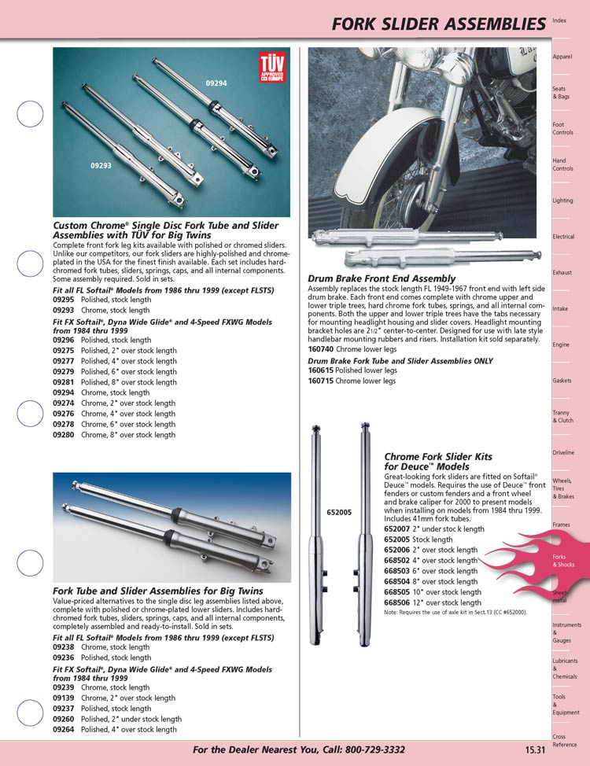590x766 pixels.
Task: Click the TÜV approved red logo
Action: (x=272, y=67)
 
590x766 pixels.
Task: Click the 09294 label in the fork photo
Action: (x=216, y=83)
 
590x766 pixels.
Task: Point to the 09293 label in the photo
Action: (x=100, y=166)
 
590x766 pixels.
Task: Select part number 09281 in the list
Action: (x=63, y=382)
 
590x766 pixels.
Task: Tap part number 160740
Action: (x=320, y=350)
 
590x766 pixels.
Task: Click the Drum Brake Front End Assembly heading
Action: (x=382, y=278)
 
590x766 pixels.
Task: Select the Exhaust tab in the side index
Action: (x=561, y=273)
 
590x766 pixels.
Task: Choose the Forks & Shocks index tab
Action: (x=563, y=561)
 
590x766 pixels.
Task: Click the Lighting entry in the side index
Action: (x=562, y=201)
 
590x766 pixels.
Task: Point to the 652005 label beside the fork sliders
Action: (x=338, y=512)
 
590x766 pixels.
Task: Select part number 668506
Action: (x=396, y=602)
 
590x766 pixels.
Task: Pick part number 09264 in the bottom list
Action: (x=63, y=729)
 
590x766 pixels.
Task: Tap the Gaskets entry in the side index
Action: (x=562, y=381)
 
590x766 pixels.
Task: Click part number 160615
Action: (x=320, y=370)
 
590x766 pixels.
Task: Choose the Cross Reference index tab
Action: (x=564, y=741)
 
